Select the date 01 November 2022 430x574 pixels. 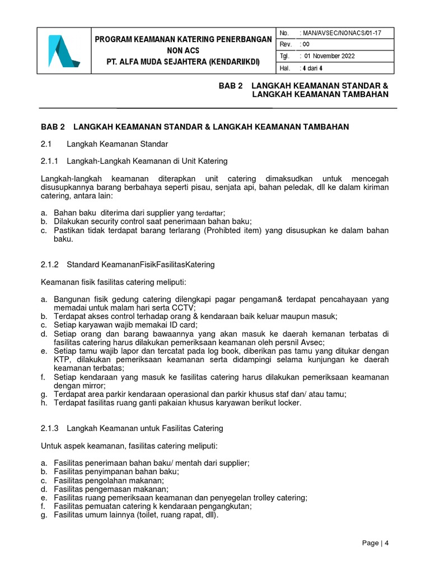pos(330,56)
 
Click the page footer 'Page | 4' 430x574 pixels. pos(375,543)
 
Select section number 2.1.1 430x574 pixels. pos(50,161)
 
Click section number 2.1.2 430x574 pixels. pos(50,263)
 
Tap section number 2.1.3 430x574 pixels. pos(50,428)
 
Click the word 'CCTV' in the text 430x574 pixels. pos(185,308)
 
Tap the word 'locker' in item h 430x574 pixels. pos(289,402)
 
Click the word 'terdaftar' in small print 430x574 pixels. pos(208,214)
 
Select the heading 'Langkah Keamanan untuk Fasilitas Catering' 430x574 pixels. pos(144,428)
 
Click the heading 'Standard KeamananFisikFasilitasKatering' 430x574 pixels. pos(141,263)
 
